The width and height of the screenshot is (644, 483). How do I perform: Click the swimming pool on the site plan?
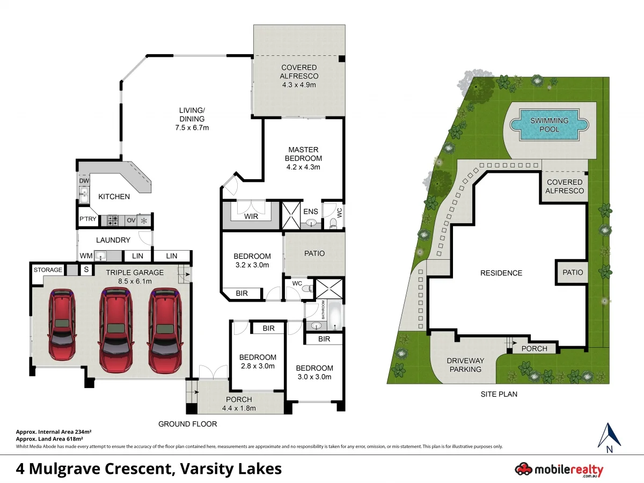point(552,125)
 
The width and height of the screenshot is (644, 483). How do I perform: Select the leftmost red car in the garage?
point(62,325)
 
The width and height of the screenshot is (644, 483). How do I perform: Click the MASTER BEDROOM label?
point(303,154)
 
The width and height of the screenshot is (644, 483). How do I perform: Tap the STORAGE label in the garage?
point(48,269)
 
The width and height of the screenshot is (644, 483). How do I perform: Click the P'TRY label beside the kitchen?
point(87,220)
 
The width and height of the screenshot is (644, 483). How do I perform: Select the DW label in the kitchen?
point(84,181)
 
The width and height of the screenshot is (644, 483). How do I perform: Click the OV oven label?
point(131,220)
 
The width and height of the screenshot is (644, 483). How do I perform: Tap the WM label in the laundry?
point(86,256)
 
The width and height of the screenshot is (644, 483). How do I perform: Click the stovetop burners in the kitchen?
point(114,220)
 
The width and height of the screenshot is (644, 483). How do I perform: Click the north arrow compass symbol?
point(609,436)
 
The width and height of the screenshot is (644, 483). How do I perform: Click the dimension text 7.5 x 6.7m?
point(192,128)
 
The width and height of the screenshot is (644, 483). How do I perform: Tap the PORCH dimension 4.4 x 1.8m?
point(238,408)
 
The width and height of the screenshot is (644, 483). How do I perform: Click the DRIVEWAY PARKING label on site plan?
point(465,365)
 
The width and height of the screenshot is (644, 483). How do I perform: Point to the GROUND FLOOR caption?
point(187,424)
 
